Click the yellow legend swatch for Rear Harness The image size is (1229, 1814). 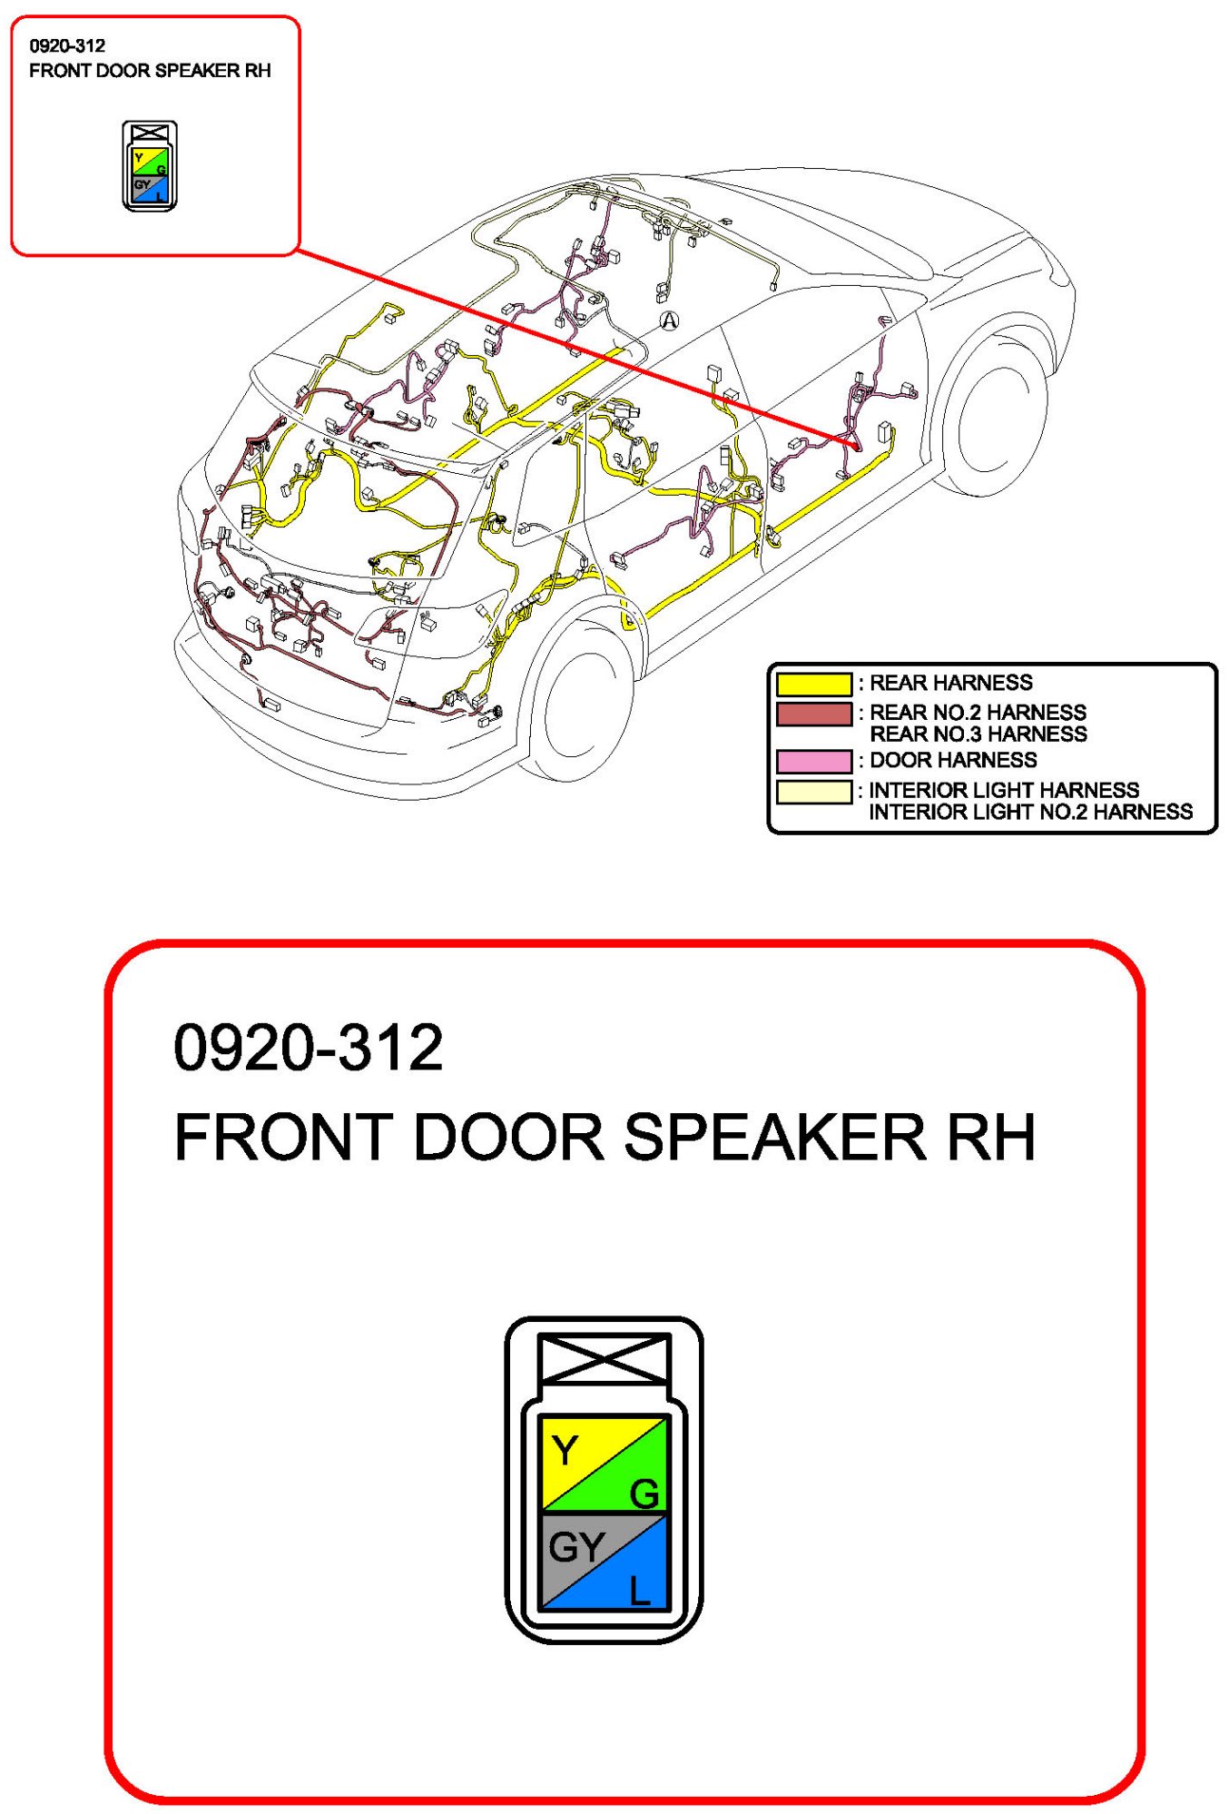click(x=813, y=684)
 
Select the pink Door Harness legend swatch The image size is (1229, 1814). click(x=813, y=761)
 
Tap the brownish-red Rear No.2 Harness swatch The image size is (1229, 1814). click(x=813, y=714)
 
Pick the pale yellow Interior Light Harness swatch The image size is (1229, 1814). click(x=813, y=792)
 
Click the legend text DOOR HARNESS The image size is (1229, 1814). click(x=952, y=761)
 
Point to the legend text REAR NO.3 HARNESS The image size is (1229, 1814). click(x=978, y=734)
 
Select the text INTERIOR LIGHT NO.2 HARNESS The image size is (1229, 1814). click(x=1030, y=813)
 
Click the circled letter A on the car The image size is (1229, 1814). click(x=669, y=320)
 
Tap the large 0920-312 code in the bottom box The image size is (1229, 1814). click(x=308, y=1048)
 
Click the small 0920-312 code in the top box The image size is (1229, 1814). click(x=67, y=46)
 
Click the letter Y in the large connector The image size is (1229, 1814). click(x=565, y=1451)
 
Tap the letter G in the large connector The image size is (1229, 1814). click(x=644, y=1494)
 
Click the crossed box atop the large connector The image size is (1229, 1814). click(x=604, y=1358)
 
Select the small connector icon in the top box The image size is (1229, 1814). click(x=150, y=166)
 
